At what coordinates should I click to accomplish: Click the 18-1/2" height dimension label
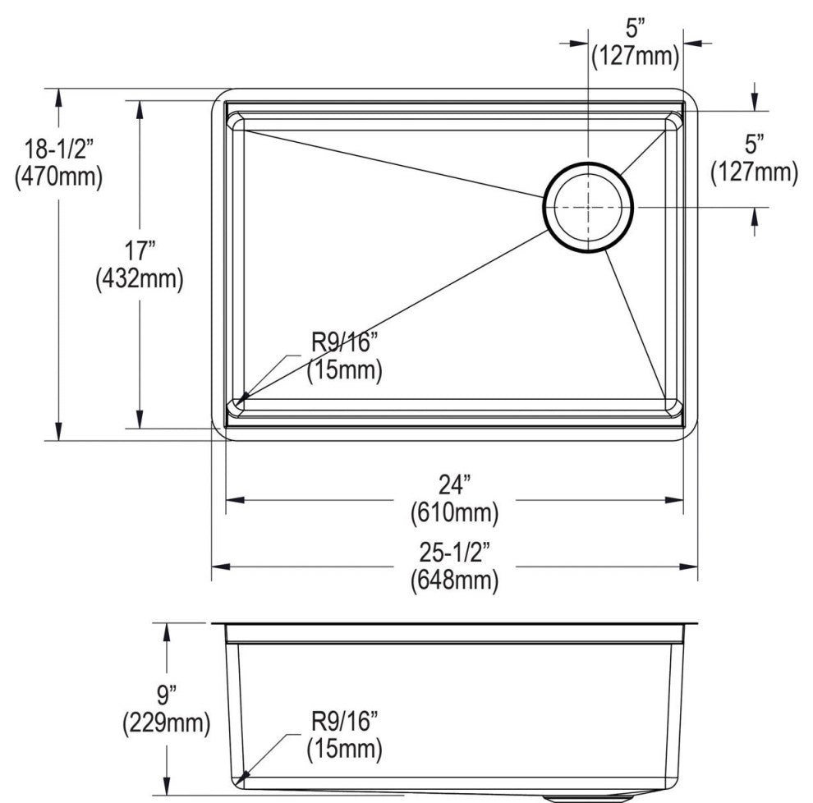(x=59, y=149)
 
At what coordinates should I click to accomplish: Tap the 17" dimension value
(x=140, y=251)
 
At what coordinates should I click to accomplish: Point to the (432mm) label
(x=140, y=279)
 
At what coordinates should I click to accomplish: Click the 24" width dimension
(x=455, y=485)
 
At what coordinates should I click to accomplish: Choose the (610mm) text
(x=455, y=513)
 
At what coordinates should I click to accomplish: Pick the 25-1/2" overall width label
(x=455, y=553)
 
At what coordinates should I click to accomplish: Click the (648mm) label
(x=455, y=580)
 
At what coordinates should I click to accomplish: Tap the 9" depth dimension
(x=167, y=695)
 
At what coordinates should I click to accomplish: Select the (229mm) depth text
(x=167, y=723)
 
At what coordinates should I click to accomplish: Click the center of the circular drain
(x=588, y=208)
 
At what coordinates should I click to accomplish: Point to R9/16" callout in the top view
(x=344, y=342)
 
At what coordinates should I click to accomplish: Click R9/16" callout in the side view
(x=344, y=721)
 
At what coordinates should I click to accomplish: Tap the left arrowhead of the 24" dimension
(x=234, y=500)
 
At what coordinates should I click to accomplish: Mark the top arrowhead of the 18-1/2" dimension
(x=58, y=98)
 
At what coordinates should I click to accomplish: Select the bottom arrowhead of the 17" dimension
(x=140, y=420)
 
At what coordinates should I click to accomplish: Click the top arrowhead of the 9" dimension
(x=167, y=632)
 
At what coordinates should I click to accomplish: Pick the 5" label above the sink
(x=635, y=29)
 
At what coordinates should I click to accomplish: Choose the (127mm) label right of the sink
(x=754, y=172)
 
